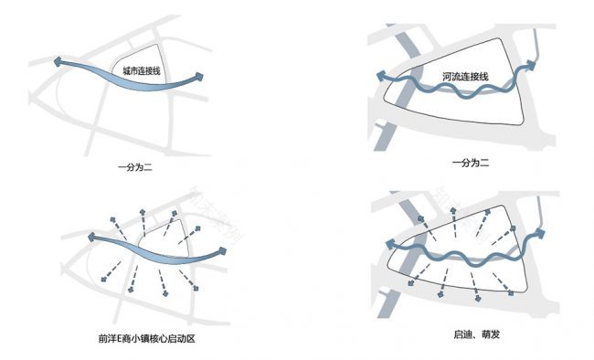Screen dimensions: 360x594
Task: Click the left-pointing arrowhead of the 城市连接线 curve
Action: [58, 62]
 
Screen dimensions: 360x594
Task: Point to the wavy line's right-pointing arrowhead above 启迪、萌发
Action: [542, 234]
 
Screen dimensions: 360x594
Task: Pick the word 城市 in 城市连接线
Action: [129, 69]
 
